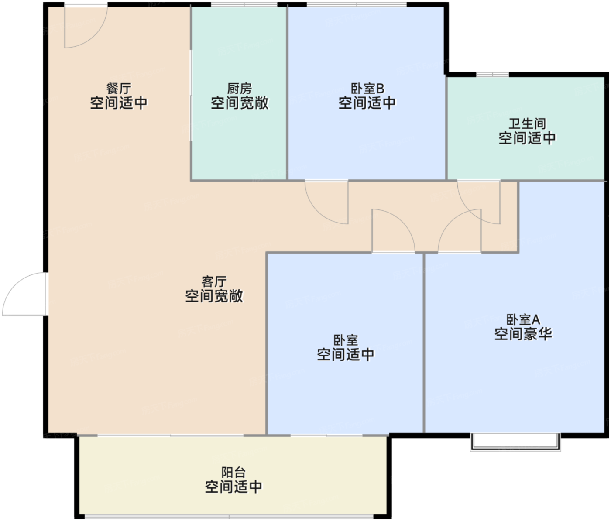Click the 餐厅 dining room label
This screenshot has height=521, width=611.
pos(119,88)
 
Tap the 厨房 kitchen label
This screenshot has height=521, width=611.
pos(240,88)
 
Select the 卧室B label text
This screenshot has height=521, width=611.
pos(367,88)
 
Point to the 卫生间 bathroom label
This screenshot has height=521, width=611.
pos(527,123)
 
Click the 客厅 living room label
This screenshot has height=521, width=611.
pos(214,281)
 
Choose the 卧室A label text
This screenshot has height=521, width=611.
pos(523,319)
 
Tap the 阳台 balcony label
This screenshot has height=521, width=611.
pos(233,473)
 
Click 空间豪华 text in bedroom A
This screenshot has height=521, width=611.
pos(523,334)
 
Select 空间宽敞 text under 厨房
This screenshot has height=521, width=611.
pos(240,103)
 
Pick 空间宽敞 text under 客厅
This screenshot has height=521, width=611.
pos(214,296)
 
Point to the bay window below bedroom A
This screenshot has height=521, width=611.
pos(515,442)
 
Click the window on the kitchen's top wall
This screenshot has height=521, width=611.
pos(244,4)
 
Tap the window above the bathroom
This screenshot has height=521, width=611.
pos(492,74)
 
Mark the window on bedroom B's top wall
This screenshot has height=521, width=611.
pos(357,4)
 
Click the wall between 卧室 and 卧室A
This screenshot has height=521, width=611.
pos(424,343)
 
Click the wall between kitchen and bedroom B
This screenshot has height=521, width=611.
pos(287,93)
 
